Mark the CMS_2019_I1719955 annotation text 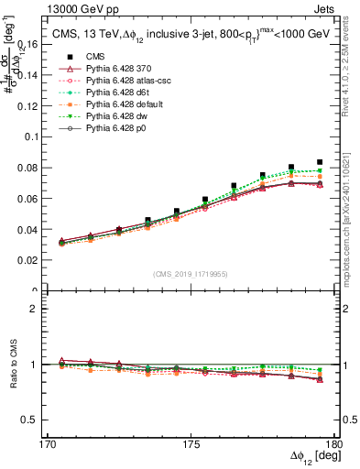coord(191,274)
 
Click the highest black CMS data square coord(320,161)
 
